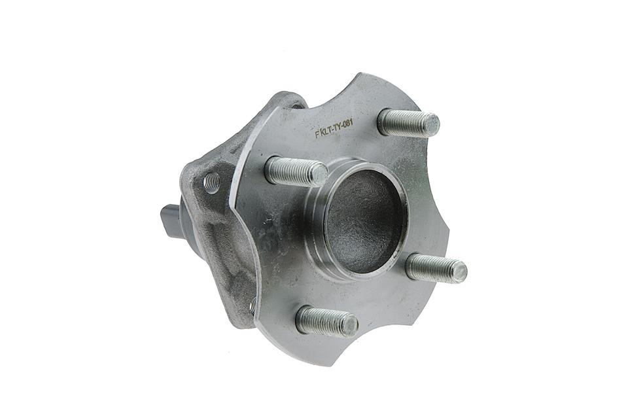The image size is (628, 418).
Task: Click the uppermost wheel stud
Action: point(408,122)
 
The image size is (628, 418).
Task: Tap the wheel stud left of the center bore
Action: point(296,171)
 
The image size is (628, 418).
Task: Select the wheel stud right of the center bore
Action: point(436,268)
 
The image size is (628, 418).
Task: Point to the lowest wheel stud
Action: point(326,321)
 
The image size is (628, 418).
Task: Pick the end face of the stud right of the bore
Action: point(459,271)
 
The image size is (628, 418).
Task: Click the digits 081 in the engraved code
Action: point(346,126)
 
